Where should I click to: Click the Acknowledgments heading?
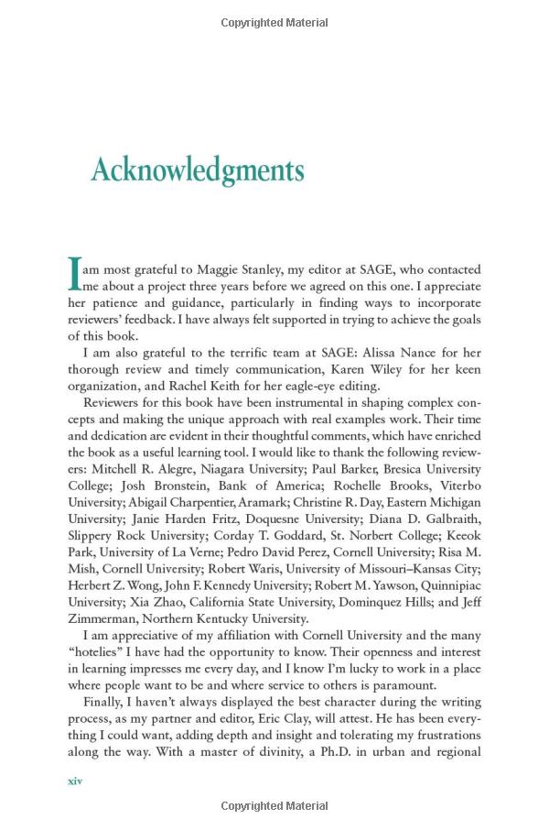coord(197,171)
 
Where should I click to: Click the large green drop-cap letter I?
coord(75,274)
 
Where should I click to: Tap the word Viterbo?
coord(457,486)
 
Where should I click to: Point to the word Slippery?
coord(92,535)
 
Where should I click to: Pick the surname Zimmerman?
coord(106,617)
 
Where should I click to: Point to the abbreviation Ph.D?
coord(322,752)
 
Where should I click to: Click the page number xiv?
coord(76,781)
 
